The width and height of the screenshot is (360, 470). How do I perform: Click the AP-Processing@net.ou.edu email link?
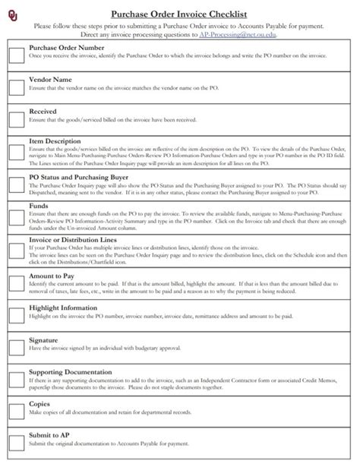[x=237, y=35]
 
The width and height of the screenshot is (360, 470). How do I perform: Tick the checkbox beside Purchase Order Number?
[x=17, y=53]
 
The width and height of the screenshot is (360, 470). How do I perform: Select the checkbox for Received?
[x=17, y=118]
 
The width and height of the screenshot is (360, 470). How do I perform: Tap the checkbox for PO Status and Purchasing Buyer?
[x=17, y=185]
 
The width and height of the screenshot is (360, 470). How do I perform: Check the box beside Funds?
[x=17, y=218]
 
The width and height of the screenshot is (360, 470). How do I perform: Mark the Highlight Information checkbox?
[x=17, y=314]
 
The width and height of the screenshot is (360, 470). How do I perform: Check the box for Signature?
[x=17, y=345]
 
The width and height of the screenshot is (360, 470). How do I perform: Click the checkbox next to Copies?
[x=17, y=411]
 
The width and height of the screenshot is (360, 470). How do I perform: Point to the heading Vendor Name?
[x=50, y=79]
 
